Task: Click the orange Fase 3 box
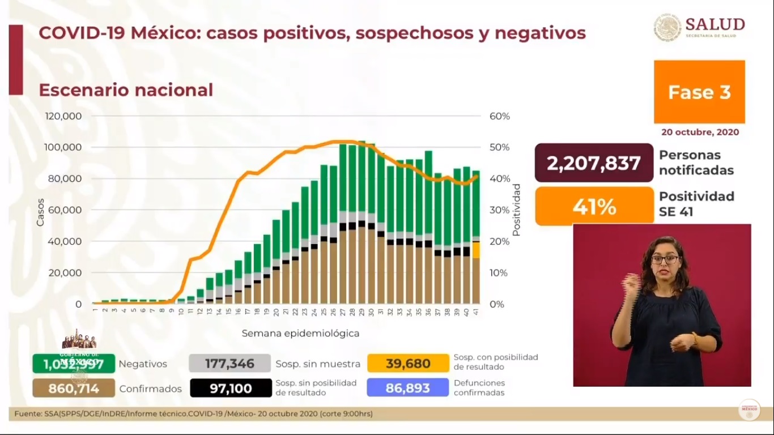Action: [699, 92]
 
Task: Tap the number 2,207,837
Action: [593, 163]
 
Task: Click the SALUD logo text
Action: [715, 24]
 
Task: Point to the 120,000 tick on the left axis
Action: [63, 116]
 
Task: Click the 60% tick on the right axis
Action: [499, 116]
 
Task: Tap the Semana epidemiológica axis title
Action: [300, 333]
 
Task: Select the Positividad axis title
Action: [516, 210]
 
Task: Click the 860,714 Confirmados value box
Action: [74, 389]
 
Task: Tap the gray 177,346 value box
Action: [229, 363]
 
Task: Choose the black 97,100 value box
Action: [229, 389]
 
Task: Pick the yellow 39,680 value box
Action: [408, 363]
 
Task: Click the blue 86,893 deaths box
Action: [408, 389]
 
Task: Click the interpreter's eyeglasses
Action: [665, 259]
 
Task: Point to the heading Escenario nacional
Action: [126, 90]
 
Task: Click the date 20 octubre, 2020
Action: [700, 132]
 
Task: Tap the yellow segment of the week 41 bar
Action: [477, 250]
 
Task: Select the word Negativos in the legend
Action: [143, 364]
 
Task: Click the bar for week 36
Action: [428, 227]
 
